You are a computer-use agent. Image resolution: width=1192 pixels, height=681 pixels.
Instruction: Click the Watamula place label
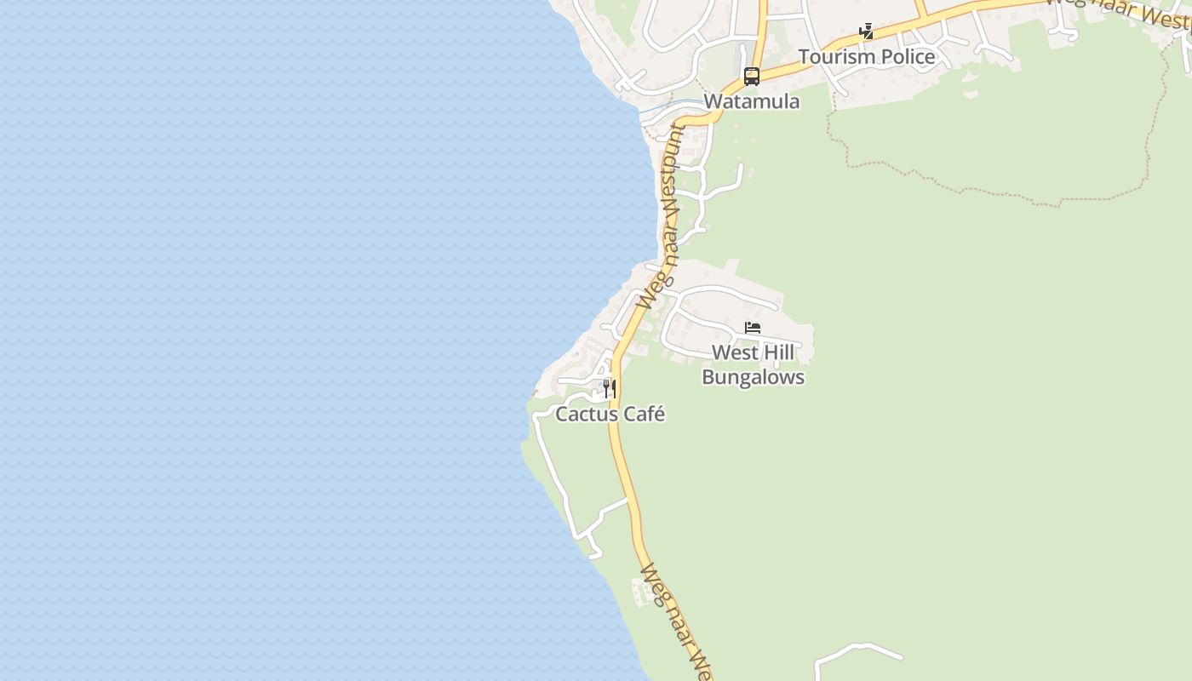click(x=752, y=101)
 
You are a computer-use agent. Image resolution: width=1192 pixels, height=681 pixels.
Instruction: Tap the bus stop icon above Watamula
click(x=751, y=76)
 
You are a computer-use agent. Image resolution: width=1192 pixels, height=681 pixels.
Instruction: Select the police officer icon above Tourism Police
click(x=866, y=32)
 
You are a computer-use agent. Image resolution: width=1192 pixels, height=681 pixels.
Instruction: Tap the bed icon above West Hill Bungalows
click(x=752, y=328)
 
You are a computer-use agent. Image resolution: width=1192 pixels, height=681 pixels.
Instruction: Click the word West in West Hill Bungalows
click(x=732, y=352)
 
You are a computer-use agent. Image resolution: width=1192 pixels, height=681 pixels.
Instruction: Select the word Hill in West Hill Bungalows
click(x=777, y=352)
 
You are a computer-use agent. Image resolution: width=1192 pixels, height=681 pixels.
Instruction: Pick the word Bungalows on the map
click(x=753, y=377)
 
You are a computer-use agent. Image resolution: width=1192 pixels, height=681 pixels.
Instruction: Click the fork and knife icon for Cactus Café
click(x=609, y=389)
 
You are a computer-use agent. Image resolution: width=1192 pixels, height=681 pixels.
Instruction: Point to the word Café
click(x=647, y=415)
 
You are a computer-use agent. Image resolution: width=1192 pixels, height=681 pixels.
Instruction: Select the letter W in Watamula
click(x=713, y=101)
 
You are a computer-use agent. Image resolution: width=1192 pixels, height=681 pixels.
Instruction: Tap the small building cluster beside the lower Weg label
click(x=644, y=591)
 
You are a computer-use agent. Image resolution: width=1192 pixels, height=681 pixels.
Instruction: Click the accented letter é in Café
click(x=659, y=415)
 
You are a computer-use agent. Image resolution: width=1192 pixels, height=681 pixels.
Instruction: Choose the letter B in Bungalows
click(x=708, y=377)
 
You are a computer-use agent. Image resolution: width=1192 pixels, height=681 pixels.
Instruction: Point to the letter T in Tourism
click(x=803, y=57)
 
